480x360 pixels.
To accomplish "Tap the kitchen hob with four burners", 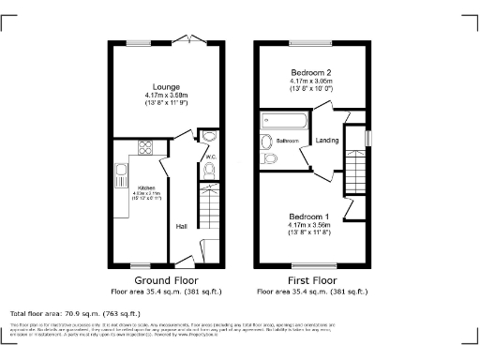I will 146,146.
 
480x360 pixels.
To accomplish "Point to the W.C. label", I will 211,157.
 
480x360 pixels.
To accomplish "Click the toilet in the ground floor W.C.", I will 208,170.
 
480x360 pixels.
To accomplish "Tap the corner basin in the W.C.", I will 207,137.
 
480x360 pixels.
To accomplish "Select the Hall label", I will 181,226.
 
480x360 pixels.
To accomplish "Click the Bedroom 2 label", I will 309,73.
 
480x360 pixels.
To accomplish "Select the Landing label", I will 328,141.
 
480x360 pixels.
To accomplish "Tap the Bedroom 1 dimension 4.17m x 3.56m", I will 309,226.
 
